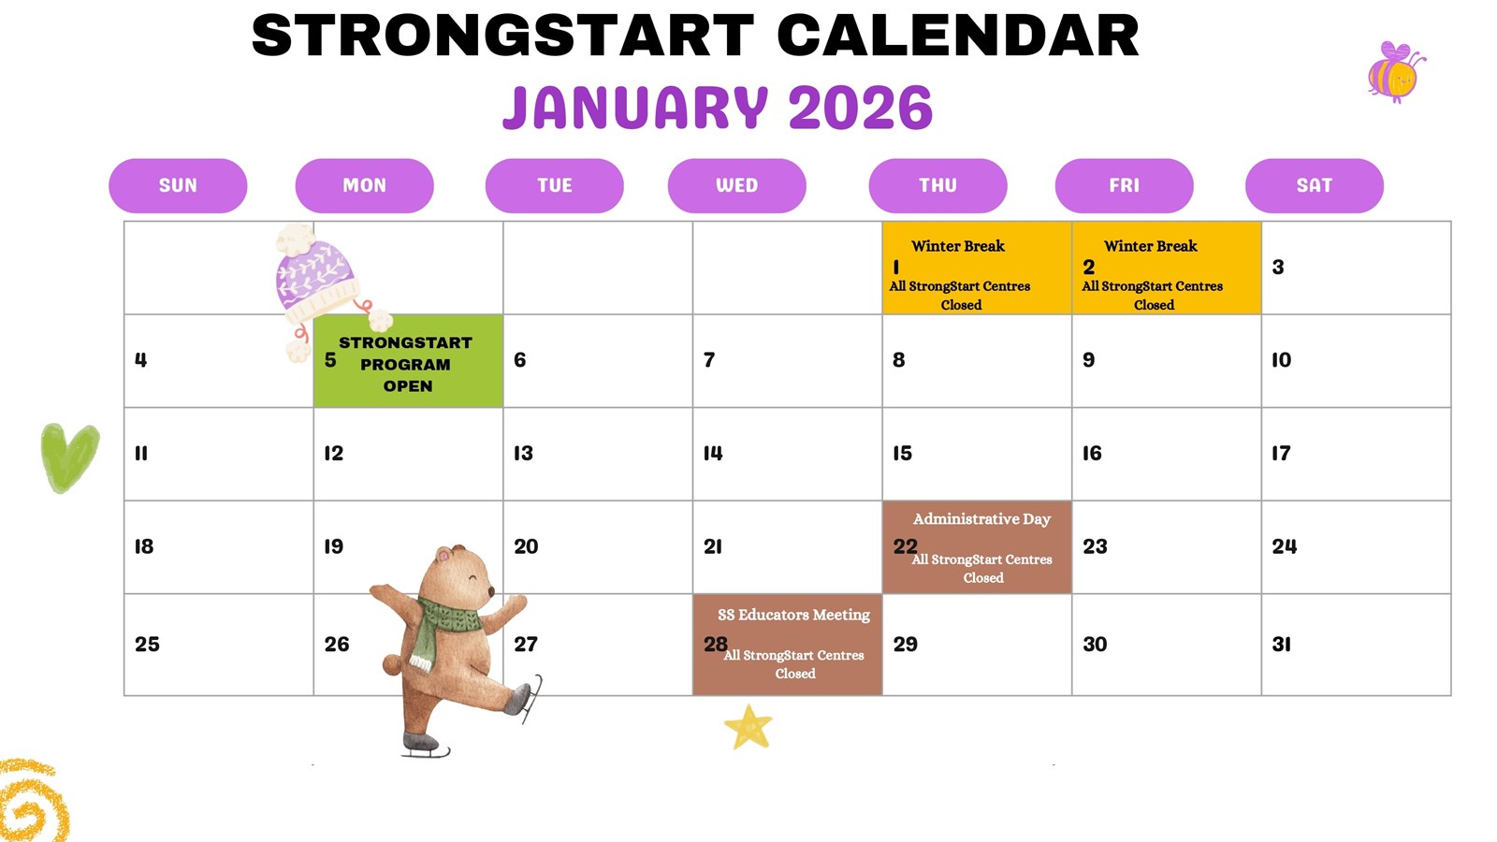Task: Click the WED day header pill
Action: pyautogui.click(x=736, y=185)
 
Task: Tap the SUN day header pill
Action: pyautogui.click(x=178, y=185)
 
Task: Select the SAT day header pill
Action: pyautogui.click(x=1314, y=185)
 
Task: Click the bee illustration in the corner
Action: pyautogui.click(x=1394, y=71)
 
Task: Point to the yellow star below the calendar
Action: pyautogui.click(x=748, y=728)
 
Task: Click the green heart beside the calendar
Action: pyautogui.click(x=69, y=456)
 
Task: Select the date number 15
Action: pyautogui.click(x=902, y=454)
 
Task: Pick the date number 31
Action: pyautogui.click(x=1281, y=645)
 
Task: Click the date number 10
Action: pyautogui.click(x=1281, y=360)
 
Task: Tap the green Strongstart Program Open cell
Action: pyautogui.click(x=408, y=363)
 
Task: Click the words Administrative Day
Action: pyautogui.click(x=981, y=519)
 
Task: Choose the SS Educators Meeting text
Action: pyautogui.click(x=793, y=615)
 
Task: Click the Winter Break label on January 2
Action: pyautogui.click(x=1150, y=246)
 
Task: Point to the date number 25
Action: pyautogui.click(x=147, y=645)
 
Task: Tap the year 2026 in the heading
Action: pyautogui.click(x=860, y=109)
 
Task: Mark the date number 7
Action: pyautogui.click(x=709, y=360)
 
